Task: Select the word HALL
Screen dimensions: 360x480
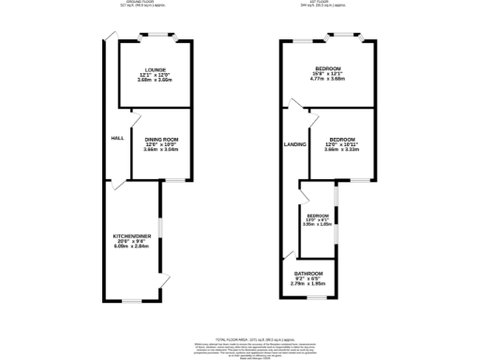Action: click(117, 138)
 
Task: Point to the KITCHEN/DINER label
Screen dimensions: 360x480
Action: click(131, 236)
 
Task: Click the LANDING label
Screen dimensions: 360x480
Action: click(295, 144)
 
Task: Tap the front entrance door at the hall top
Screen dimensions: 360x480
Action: click(111, 37)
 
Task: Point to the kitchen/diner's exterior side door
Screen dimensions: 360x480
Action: click(164, 282)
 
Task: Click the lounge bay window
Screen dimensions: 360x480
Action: click(155, 37)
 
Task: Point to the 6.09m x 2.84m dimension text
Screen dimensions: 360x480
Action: click(131, 247)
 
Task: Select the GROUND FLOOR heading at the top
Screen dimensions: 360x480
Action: click(149, 3)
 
